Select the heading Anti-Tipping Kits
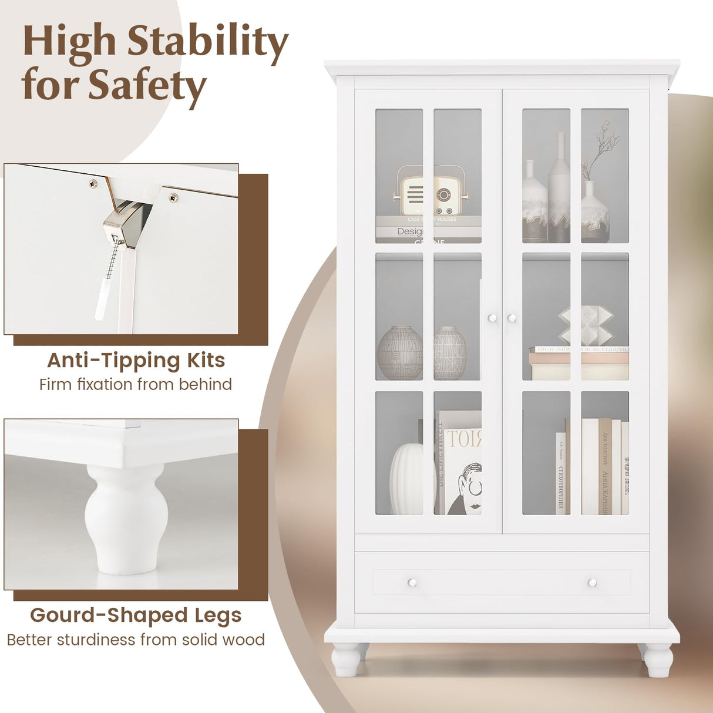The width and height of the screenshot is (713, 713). pyautogui.click(x=136, y=360)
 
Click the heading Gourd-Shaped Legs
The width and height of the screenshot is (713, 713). pyautogui.click(x=136, y=615)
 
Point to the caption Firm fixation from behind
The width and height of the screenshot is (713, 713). pyautogui.click(x=136, y=385)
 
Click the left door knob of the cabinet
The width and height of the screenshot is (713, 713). pyautogui.click(x=492, y=318)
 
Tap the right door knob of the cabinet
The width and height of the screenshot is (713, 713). pyautogui.click(x=512, y=318)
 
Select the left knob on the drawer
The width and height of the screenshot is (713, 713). pyautogui.click(x=412, y=583)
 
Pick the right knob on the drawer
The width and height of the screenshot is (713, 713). pyautogui.click(x=592, y=583)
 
